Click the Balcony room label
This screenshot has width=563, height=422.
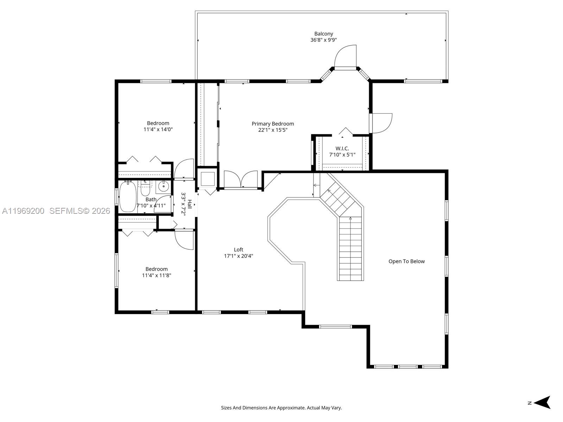pos(323,34)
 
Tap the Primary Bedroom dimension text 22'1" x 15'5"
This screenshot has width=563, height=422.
pos(272,130)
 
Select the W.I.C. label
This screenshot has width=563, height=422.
pos(342,148)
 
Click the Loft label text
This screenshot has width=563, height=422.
pos(238,250)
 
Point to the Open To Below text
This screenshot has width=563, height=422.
pos(406,261)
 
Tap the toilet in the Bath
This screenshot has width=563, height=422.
pos(145,188)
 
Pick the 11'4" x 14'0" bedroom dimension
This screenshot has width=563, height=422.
pos(158,129)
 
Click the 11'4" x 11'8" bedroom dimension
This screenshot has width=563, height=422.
pos(156,275)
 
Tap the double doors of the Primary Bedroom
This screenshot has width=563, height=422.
pos(241,179)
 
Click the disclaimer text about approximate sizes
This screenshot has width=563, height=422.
pos(281,408)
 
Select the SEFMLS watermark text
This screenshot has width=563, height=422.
pos(80,211)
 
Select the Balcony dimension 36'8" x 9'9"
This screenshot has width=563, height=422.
pos(323,40)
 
